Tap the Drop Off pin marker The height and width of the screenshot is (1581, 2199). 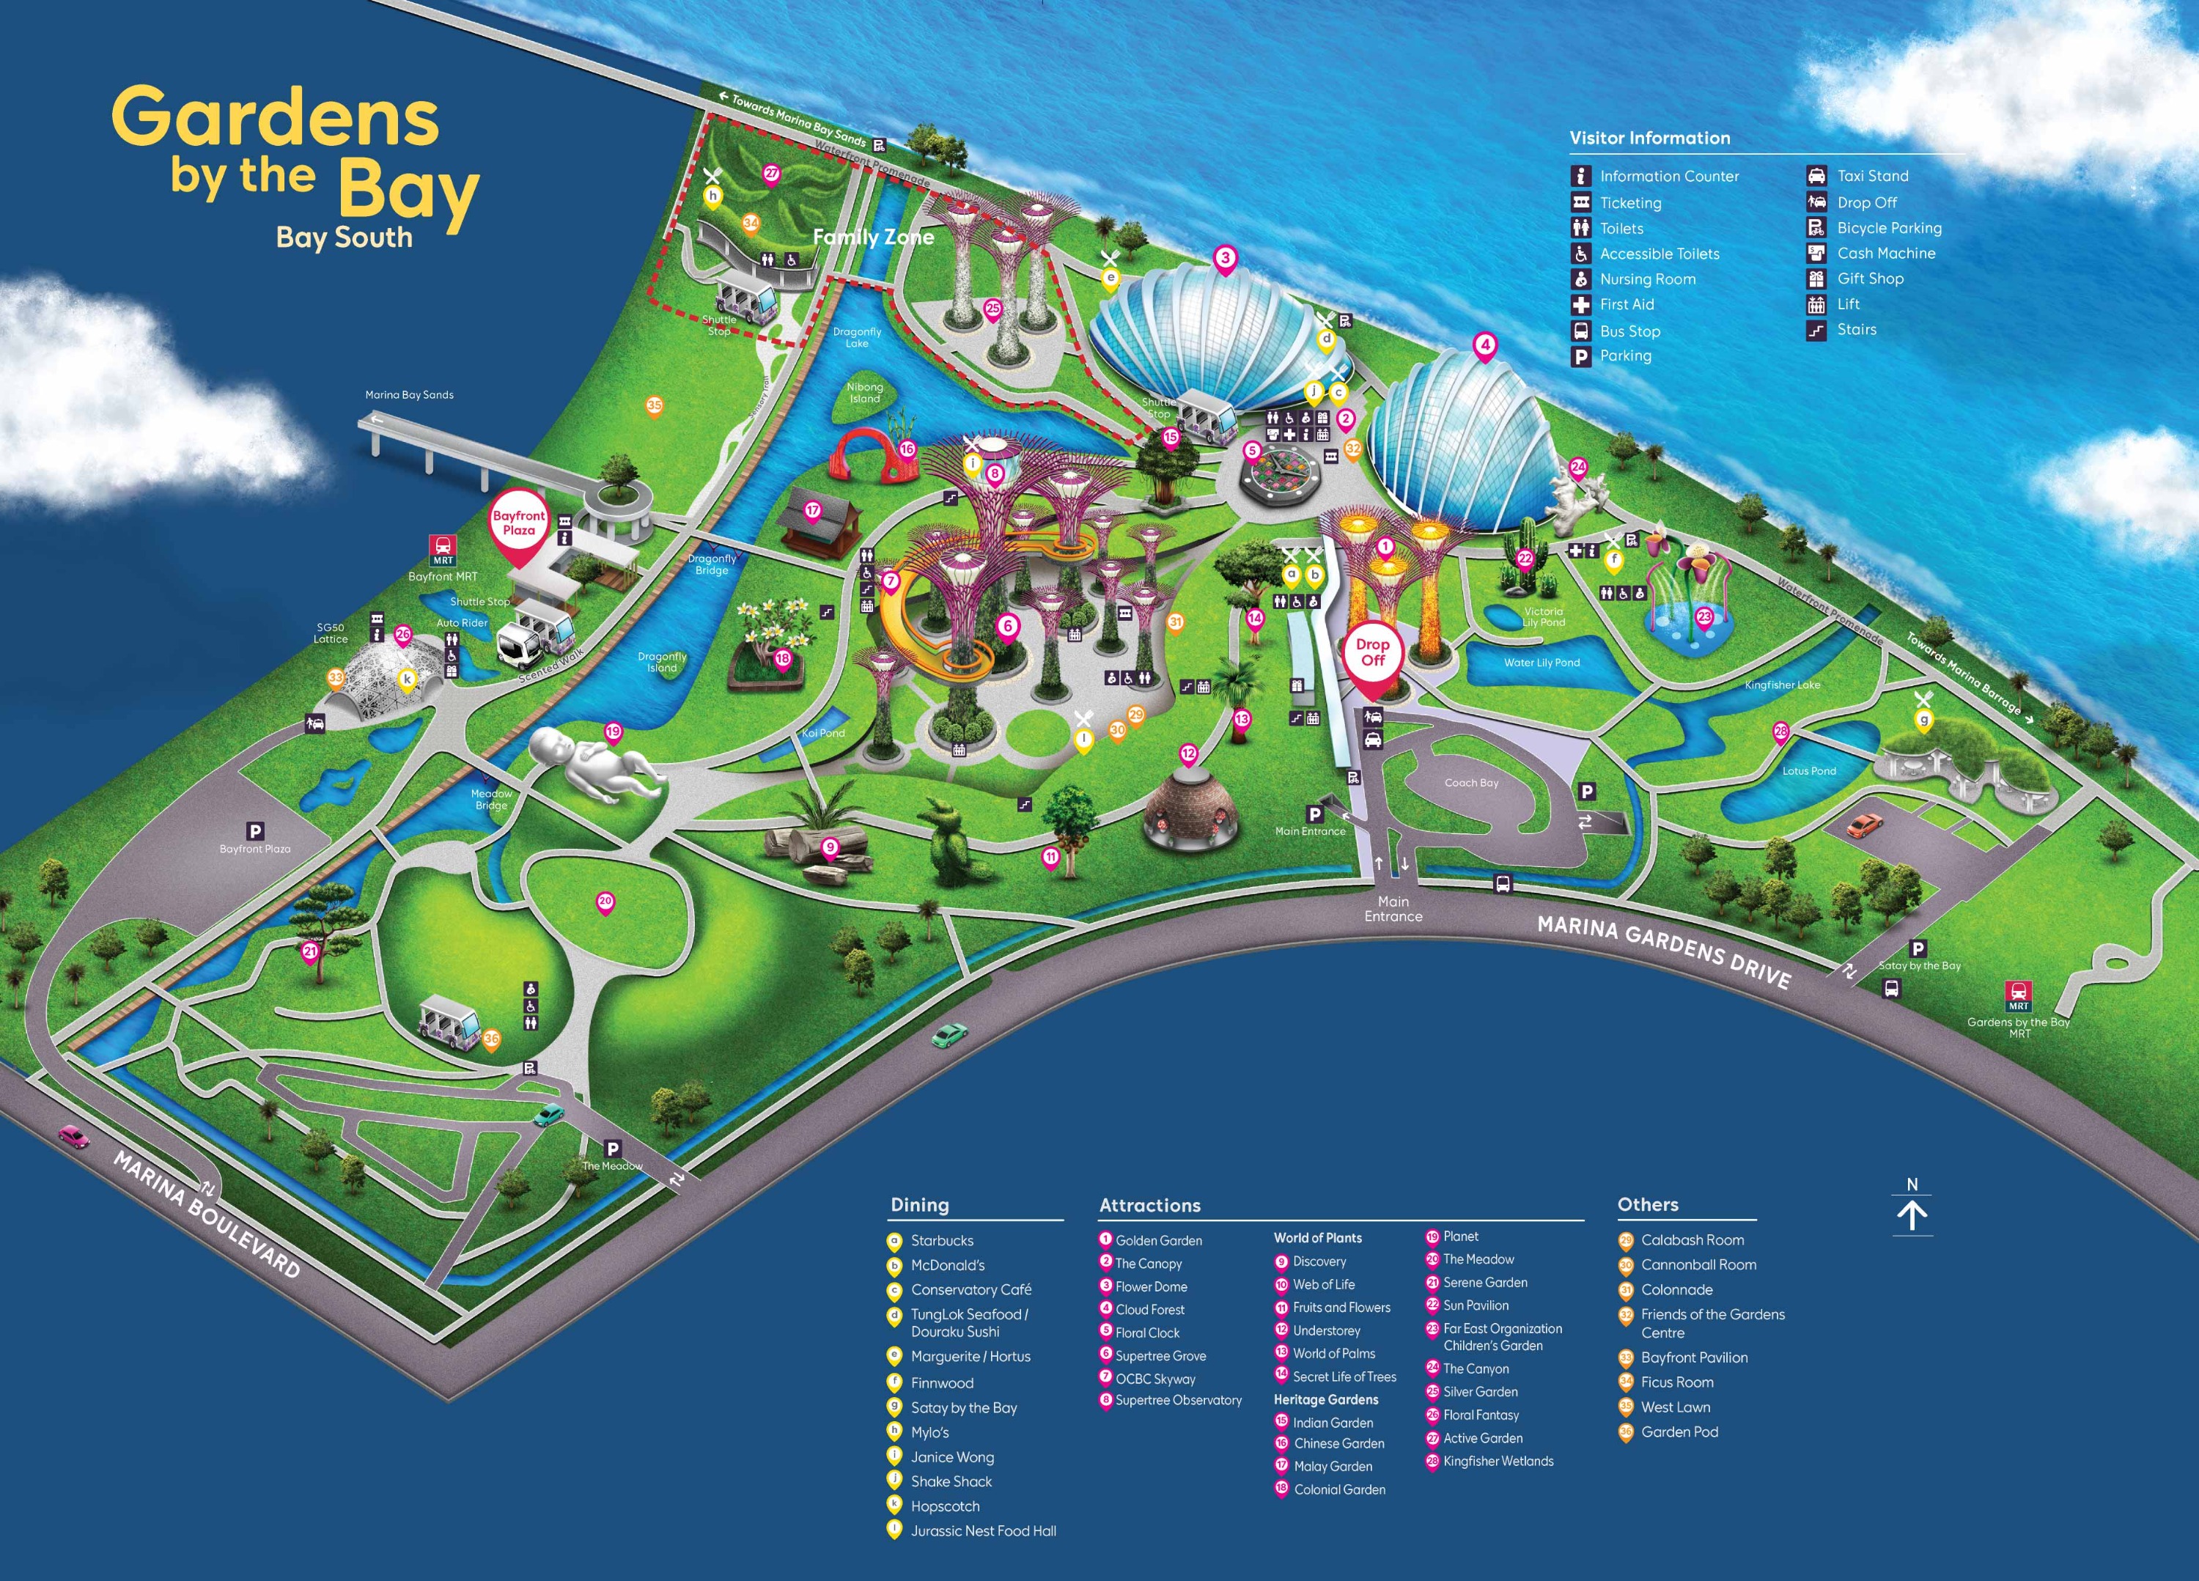[x=1372, y=659]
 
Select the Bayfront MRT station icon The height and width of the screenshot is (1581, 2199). [x=443, y=550]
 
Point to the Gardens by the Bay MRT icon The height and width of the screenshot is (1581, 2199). [x=2019, y=995]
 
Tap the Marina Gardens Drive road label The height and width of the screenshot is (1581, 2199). [x=1664, y=952]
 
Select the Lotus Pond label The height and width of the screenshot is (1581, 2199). [x=1809, y=770]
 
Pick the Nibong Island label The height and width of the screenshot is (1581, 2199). [x=865, y=393]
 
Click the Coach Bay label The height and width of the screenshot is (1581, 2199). [x=1471, y=782]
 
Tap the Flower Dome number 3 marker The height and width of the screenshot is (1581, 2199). [x=1226, y=259]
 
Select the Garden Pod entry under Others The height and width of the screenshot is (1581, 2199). [x=1679, y=1431]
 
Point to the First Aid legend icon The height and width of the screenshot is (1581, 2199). [x=1581, y=304]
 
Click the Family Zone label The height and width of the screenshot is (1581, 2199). [x=872, y=237]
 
